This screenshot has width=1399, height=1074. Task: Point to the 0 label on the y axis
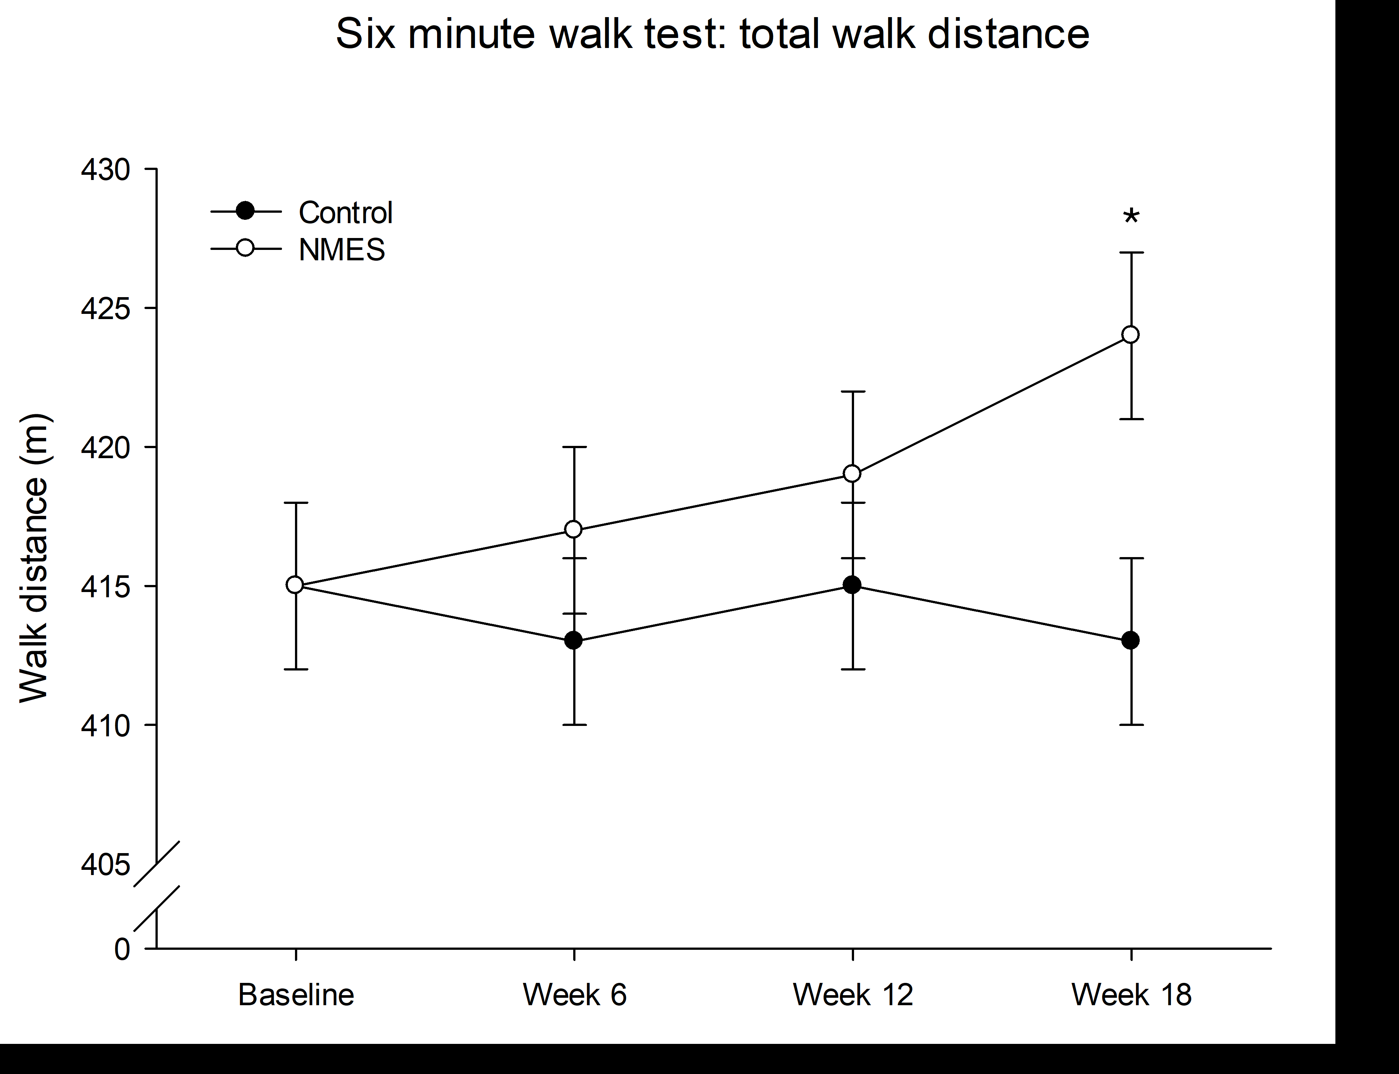(x=122, y=949)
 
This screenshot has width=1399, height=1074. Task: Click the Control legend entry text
(x=345, y=213)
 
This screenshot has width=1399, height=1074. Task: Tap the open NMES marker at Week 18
(x=1130, y=335)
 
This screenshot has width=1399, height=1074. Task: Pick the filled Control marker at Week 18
(x=1130, y=640)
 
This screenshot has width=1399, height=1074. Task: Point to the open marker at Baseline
(x=295, y=585)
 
